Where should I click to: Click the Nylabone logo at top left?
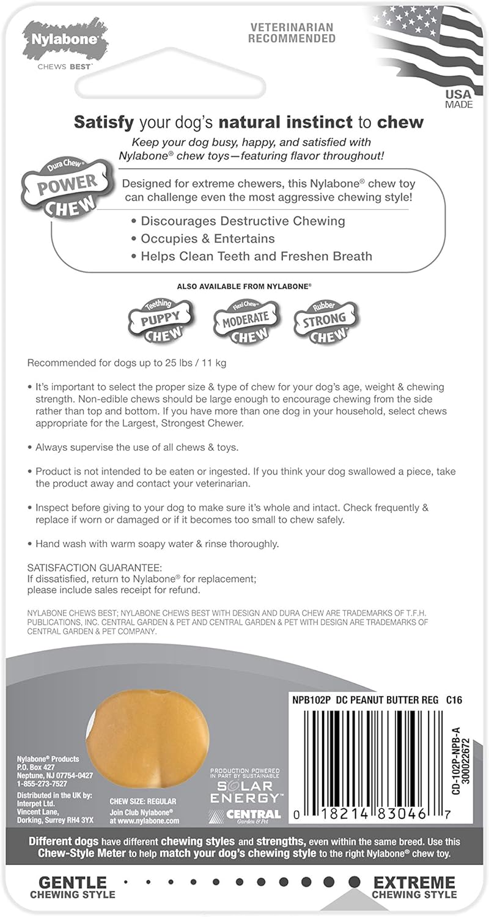pyautogui.click(x=64, y=43)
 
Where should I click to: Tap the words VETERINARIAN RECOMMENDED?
pyautogui.click(x=292, y=32)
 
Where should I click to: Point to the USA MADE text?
pyautogui.click(x=458, y=99)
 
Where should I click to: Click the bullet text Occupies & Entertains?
pyautogui.click(x=208, y=238)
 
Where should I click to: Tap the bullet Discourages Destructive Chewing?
pyautogui.click(x=243, y=221)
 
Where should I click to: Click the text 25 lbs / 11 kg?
pyautogui.click(x=190, y=363)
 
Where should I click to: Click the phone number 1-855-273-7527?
pyautogui.click(x=42, y=784)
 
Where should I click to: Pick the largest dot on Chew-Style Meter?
pyautogui.click(x=354, y=882)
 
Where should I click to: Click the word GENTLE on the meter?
pyautogui.click(x=72, y=882)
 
